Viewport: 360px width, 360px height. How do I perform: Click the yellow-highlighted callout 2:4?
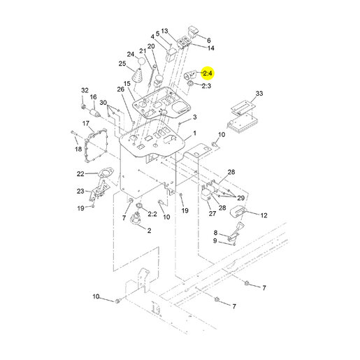click(207, 73)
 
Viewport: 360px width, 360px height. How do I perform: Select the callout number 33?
click(259, 94)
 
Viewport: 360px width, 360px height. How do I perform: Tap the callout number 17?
click(86, 123)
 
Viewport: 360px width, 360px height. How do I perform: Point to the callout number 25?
click(122, 64)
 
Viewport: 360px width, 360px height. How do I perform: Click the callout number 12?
click(264, 215)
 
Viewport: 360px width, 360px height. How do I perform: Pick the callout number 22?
click(80, 174)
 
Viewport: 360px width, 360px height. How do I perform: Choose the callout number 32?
click(85, 90)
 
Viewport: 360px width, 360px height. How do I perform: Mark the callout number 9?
click(215, 240)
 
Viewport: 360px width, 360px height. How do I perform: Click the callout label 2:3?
click(206, 86)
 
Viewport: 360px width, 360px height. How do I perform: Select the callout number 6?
click(209, 41)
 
